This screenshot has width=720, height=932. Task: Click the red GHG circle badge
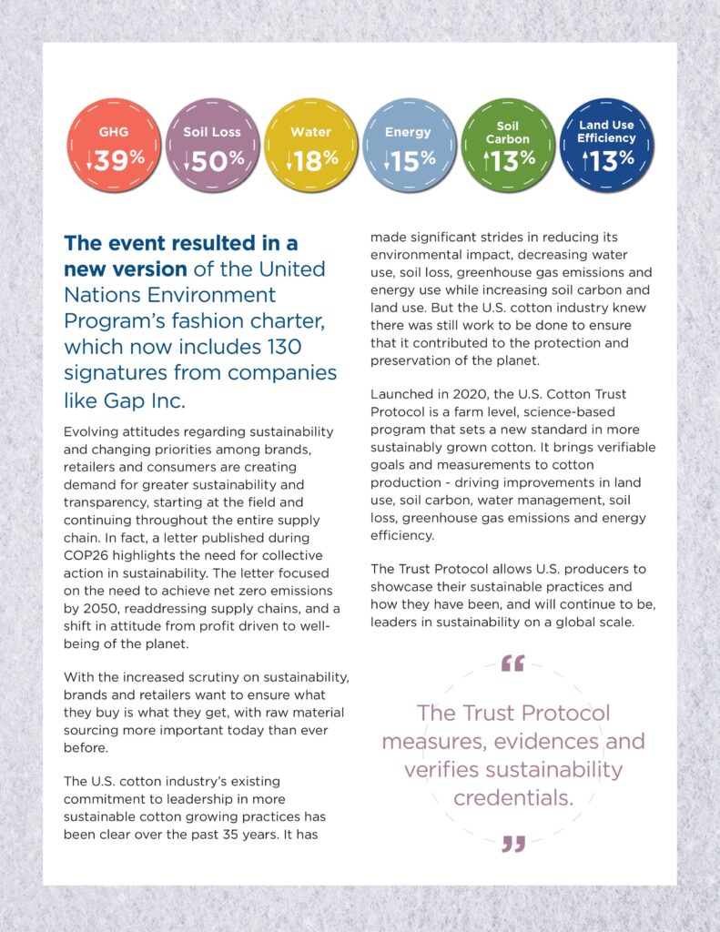(114, 146)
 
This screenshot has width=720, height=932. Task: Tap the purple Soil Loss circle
(212, 146)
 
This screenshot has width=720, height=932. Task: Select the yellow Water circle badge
(310, 146)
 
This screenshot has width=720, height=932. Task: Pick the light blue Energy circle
(409, 146)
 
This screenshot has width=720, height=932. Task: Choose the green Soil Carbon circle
(508, 146)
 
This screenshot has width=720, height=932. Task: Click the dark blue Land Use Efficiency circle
(606, 146)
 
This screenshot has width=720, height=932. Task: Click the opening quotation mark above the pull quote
(513, 663)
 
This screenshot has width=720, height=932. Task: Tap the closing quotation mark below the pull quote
(513, 844)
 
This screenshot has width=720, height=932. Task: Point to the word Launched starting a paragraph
(401, 394)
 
